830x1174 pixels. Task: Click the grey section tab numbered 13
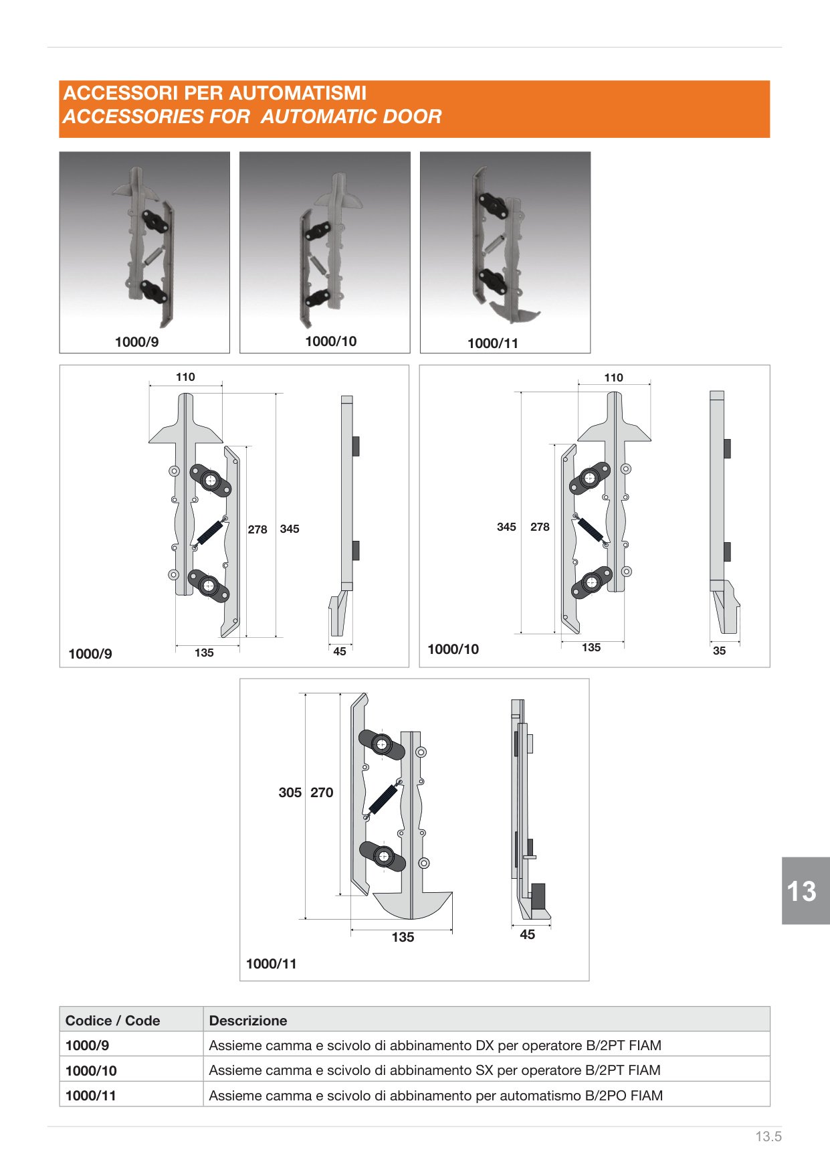click(805, 891)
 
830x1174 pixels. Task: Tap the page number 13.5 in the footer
click(768, 1137)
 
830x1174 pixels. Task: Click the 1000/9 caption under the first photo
click(136, 342)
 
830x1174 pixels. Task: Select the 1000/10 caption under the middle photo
click(330, 341)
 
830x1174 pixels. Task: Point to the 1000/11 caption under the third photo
click(493, 343)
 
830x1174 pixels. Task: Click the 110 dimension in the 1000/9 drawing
click(185, 377)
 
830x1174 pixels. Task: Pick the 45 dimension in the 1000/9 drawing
click(340, 651)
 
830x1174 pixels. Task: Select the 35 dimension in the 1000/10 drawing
click(719, 651)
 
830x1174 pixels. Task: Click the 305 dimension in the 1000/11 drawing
click(290, 792)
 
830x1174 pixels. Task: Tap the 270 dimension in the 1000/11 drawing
click(322, 792)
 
